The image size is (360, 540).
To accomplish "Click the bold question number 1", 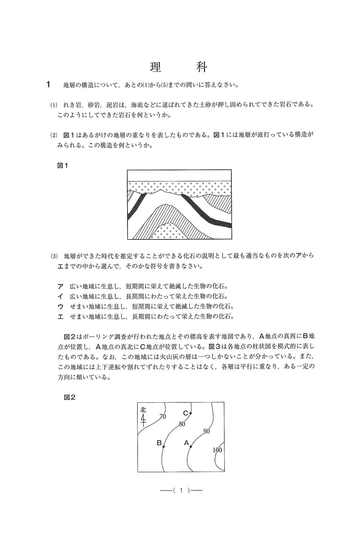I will (x=48, y=85).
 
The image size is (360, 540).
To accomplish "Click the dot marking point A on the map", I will (x=191, y=446).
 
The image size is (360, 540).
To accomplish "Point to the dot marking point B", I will (x=163, y=446).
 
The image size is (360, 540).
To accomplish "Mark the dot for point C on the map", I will (x=190, y=413).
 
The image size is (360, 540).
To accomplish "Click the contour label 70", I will (x=162, y=417).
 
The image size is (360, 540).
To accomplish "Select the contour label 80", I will (x=182, y=424).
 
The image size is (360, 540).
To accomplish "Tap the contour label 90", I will (x=207, y=431).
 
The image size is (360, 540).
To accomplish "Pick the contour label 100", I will (x=217, y=450).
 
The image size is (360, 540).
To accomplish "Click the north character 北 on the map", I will (x=143, y=410).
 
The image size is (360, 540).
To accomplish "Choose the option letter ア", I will (x=60, y=287).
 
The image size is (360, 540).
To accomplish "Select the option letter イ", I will (x=60, y=297).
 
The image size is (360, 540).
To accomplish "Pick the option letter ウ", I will (x=60, y=307).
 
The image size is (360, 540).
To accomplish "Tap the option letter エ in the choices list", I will (x=60, y=317).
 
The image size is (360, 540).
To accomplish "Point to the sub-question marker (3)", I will (x=54, y=257).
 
